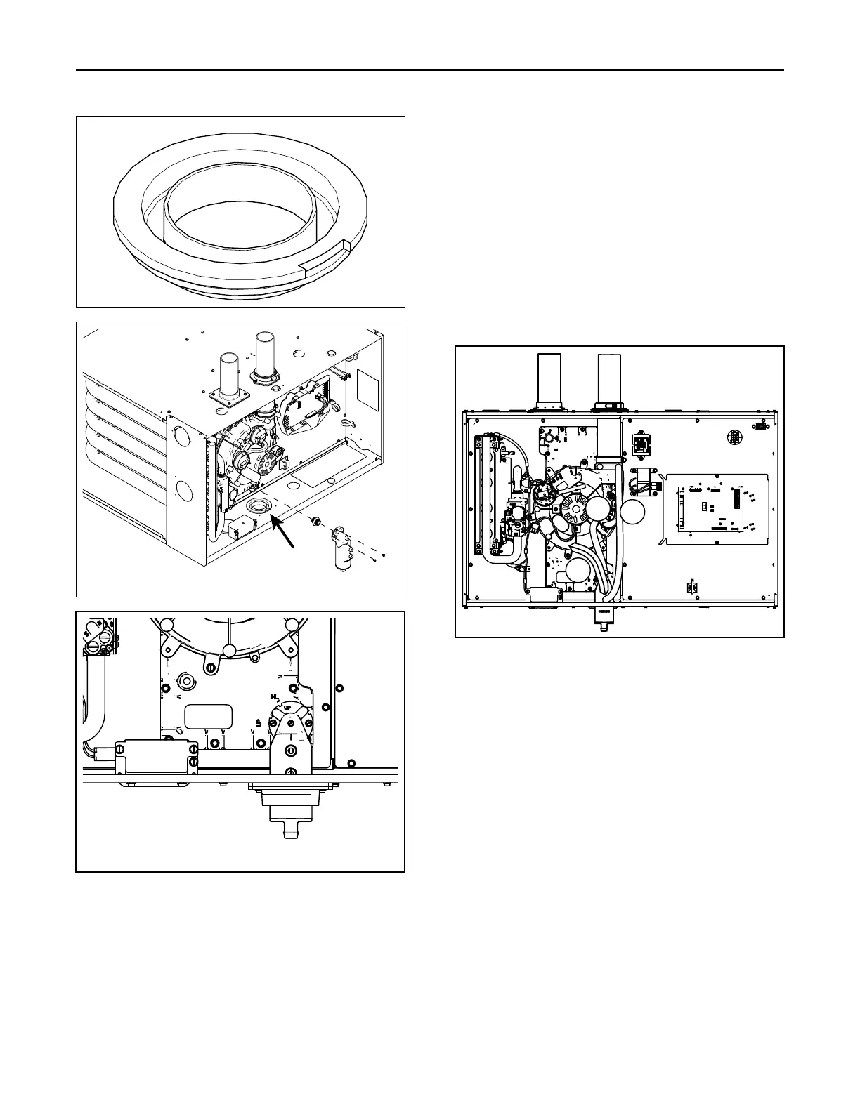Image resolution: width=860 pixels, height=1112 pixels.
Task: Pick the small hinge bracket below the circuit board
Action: pyautogui.click(x=691, y=586)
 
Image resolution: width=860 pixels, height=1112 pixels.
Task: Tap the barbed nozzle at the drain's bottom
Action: pyautogui.click(x=289, y=831)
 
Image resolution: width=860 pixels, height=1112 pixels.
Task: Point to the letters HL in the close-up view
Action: pyautogui.click(x=275, y=696)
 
